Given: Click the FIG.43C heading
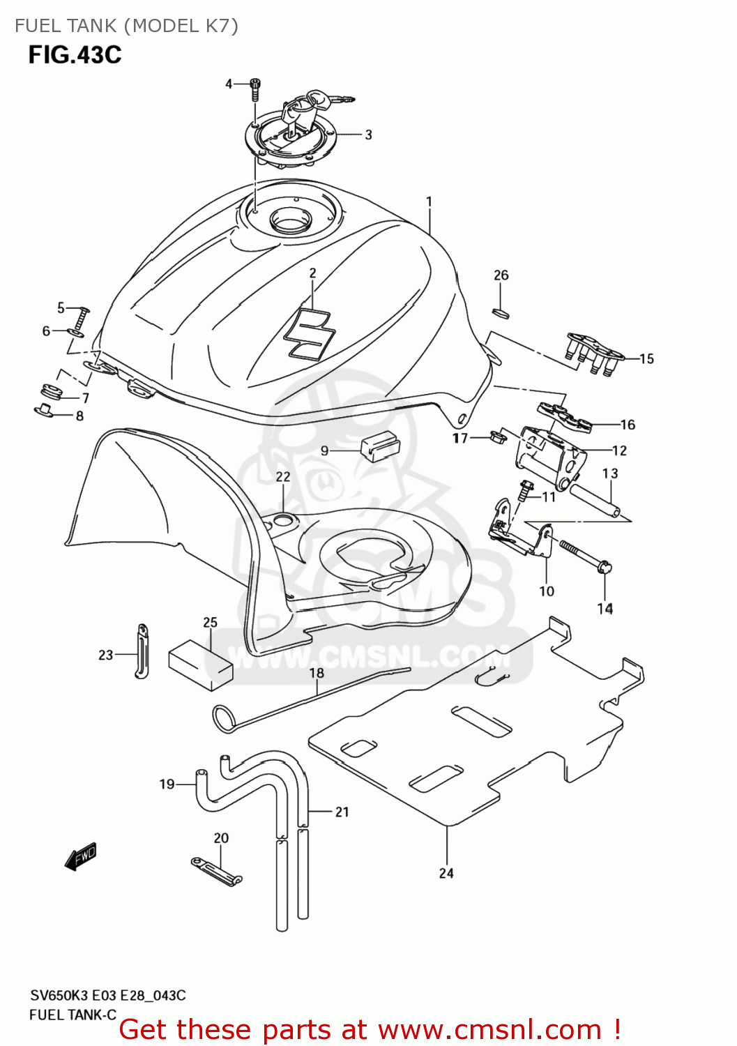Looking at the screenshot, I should coord(75,54).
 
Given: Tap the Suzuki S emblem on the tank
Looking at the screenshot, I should coord(308,333).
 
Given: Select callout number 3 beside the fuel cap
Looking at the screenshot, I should coord(368,135).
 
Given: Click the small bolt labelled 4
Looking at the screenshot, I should coord(256,89).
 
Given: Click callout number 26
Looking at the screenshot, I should coord(501,275).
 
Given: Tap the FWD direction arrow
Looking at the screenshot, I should coord(81,856).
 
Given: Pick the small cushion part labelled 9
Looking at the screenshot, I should coord(379,446).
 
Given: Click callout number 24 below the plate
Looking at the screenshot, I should coord(446,873).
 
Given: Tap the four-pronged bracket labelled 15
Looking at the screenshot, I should coord(593,354).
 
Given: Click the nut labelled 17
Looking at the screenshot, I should coord(498,437).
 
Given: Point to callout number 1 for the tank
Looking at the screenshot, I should coord(429,202).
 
